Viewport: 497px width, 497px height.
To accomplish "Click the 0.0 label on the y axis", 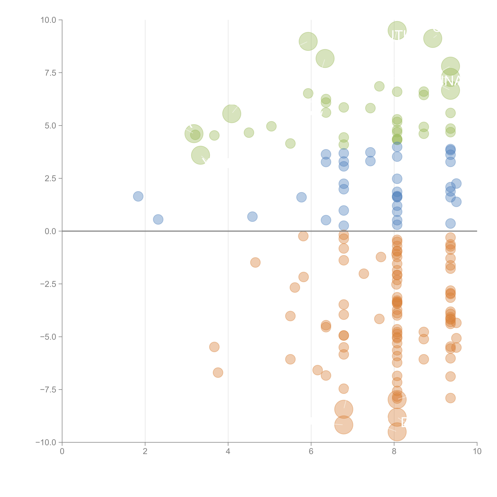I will click(50, 231).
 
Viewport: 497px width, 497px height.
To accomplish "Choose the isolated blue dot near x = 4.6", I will click(252, 217).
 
